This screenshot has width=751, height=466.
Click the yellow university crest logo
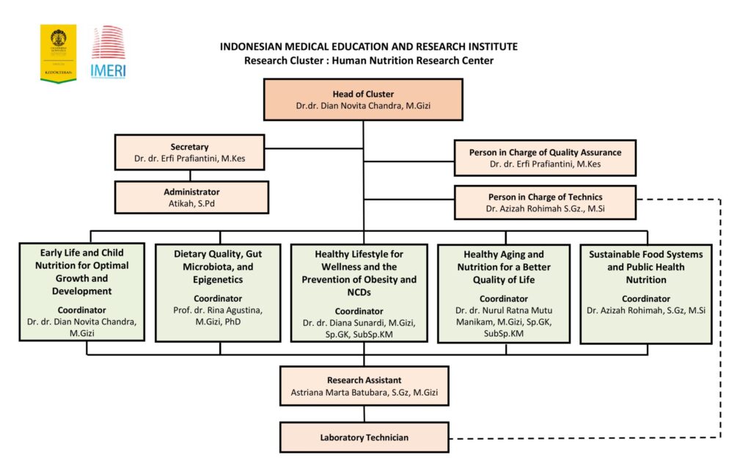tap(58, 53)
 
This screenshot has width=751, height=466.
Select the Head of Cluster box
tap(363, 100)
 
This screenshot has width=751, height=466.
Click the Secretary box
tap(189, 152)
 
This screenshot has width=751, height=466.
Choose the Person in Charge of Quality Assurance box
tap(545, 158)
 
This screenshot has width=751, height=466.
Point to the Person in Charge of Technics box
tap(545, 203)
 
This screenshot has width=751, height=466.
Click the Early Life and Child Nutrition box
tap(81, 291)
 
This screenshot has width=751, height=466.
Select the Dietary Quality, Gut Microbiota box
tap(218, 291)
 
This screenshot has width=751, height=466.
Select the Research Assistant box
tap(364, 386)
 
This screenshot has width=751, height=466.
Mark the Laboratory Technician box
tap(364, 437)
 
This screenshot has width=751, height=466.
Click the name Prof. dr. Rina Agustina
tap(217, 310)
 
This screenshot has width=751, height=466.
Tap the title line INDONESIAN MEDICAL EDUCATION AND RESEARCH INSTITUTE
tap(368, 46)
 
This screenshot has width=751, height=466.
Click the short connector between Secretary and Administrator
tap(191, 175)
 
